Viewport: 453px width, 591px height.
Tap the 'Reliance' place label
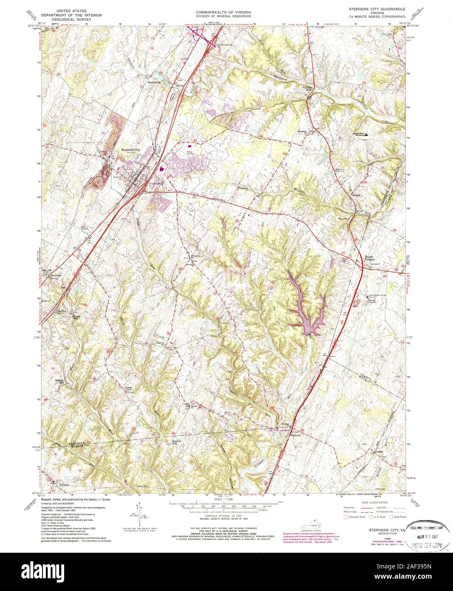(x=63, y=484)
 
